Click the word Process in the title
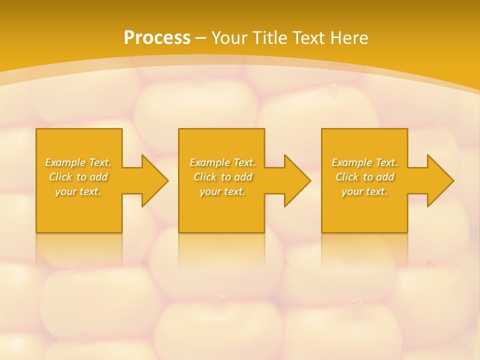pyautogui.click(x=157, y=38)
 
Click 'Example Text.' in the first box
pyautogui.click(x=78, y=162)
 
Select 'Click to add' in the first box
pyautogui.click(x=78, y=177)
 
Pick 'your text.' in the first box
pyautogui.click(x=78, y=191)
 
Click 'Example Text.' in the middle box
pyautogui.click(x=222, y=162)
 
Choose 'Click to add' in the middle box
pyautogui.click(x=222, y=177)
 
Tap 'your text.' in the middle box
pyautogui.click(x=222, y=191)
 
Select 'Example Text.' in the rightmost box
pyautogui.click(x=364, y=162)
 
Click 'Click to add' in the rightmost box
pyautogui.click(x=364, y=177)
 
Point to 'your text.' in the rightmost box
pyautogui.click(x=364, y=191)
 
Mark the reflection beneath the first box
pyautogui.click(x=79, y=247)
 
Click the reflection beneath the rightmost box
pyautogui.click(x=364, y=247)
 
